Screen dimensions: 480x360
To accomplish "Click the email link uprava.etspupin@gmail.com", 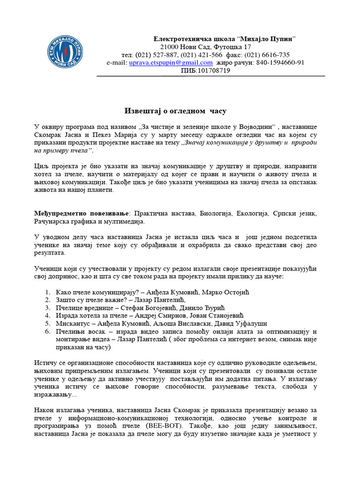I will click(171, 62).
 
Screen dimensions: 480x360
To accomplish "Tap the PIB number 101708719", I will click(213, 70).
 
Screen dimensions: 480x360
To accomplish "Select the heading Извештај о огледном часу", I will click(175, 111).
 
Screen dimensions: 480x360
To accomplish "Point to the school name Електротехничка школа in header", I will click(191, 38).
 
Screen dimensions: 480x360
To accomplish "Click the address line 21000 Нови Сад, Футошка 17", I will click(205, 46).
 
